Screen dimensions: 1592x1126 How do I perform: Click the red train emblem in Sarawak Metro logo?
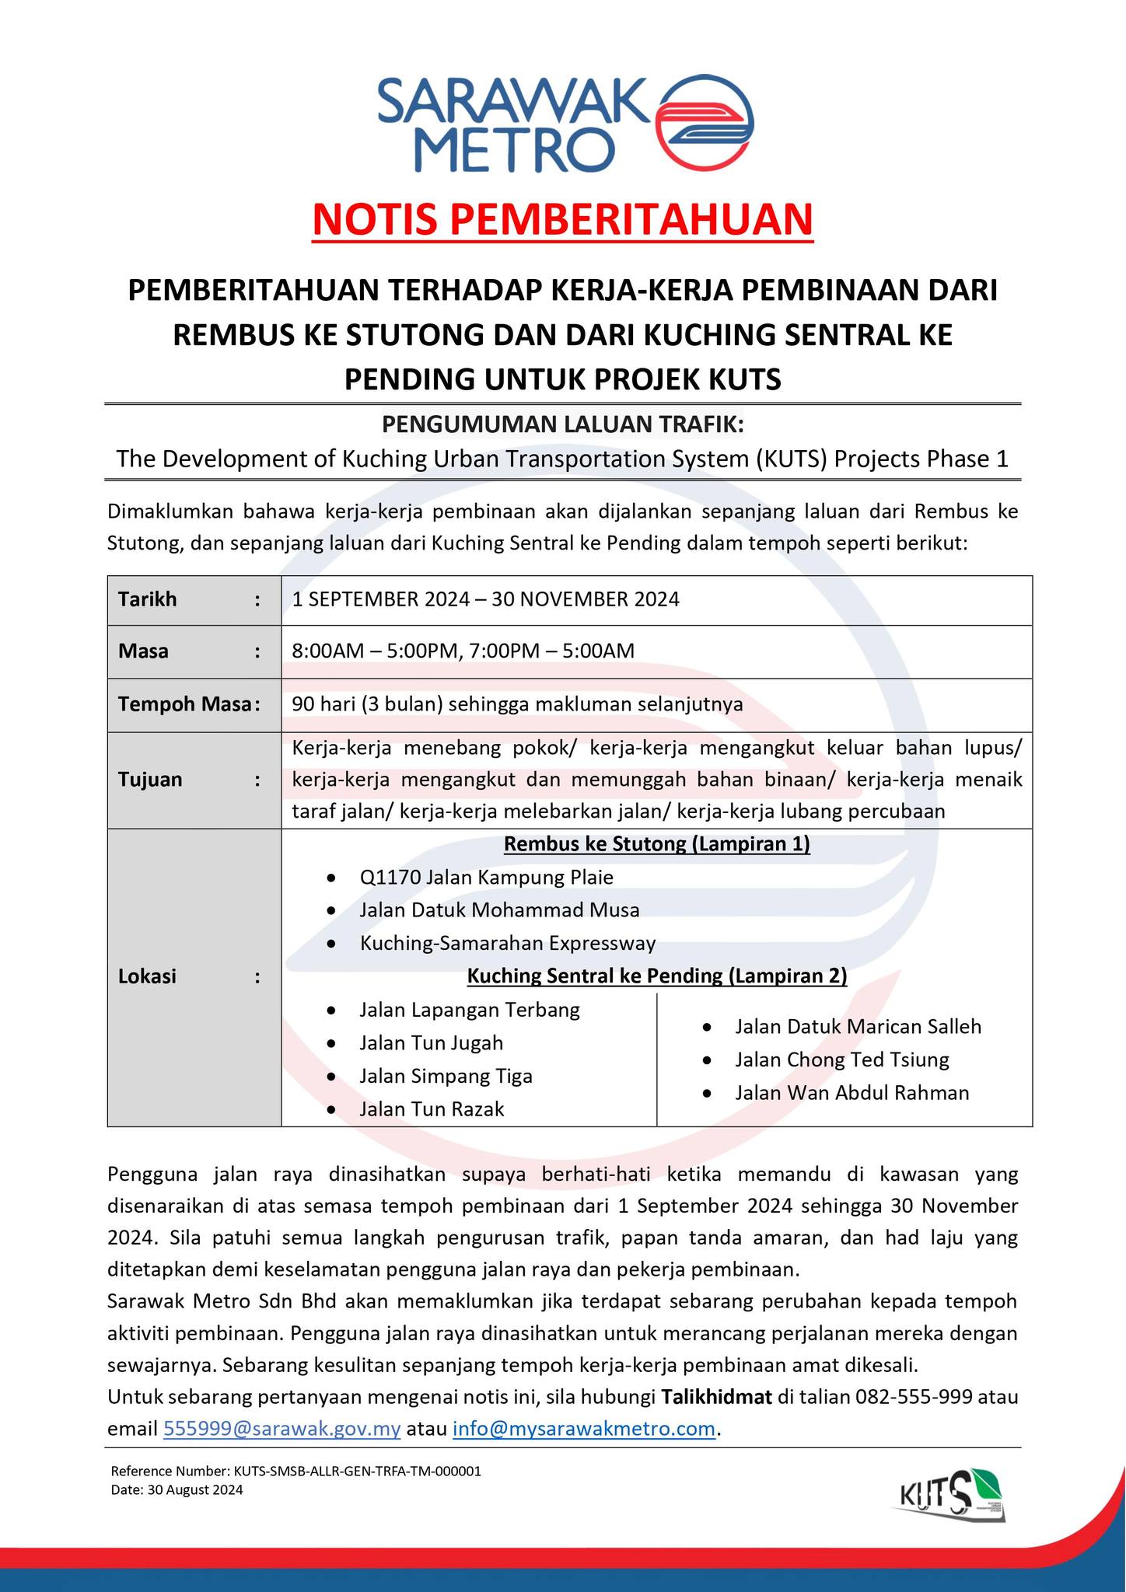click(x=705, y=122)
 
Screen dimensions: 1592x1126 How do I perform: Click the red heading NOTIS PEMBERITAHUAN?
click(x=562, y=220)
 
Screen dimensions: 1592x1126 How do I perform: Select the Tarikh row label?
click(x=148, y=599)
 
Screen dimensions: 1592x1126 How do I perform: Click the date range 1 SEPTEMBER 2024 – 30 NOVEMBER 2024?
click(x=485, y=599)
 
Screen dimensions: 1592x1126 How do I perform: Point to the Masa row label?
click(x=143, y=651)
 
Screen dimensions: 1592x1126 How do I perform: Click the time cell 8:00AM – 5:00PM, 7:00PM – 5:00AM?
click(x=463, y=651)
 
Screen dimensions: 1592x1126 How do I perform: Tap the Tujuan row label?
click(x=150, y=780)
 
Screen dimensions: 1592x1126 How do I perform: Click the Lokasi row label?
click(x=147, y=976)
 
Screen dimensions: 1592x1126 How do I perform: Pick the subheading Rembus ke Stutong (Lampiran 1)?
click(x=656, y=844)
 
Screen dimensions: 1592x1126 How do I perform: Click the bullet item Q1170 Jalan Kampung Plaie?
click(x=486, y=878)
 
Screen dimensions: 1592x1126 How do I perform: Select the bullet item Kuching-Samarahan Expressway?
click(x=507, y=944)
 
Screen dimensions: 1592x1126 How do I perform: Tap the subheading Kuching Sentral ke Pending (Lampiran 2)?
click(x=656, y=976)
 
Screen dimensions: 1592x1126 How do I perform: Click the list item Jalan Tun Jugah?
click(x=431, y=1043)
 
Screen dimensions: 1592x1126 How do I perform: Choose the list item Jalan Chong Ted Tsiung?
click(x=841, y=1060)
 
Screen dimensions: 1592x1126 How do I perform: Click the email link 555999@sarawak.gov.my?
click(x=281, y=1429)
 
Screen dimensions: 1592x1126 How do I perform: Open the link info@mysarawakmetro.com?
click(x=583, y=1429)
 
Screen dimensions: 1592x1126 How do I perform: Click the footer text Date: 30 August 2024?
click(x=177, y=1490)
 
